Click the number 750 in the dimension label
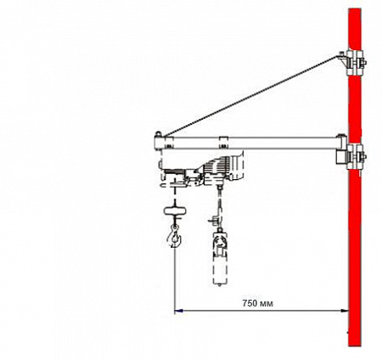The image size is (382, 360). (250, 303)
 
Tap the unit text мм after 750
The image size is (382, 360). (267, 304)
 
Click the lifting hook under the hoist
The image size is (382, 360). (174, 238)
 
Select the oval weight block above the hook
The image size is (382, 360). (175, 211)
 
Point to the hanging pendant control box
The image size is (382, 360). (221, 258)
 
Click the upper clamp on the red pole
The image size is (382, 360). (355, 62)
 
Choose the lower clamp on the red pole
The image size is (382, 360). (355, 156)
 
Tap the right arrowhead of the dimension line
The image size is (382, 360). (345, 311)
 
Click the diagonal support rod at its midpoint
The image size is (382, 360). (251, 96)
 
